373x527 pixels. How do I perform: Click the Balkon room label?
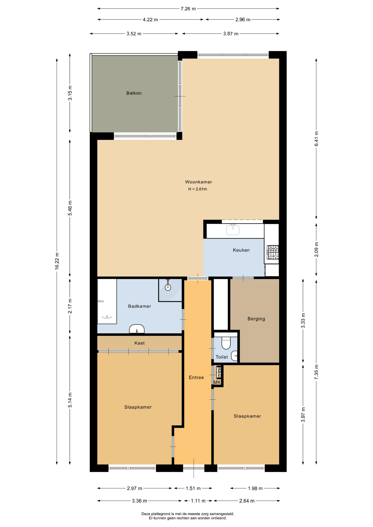pos(134,93)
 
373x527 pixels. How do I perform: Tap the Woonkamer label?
pos(199,182)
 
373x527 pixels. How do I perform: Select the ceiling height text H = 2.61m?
pos(198,189)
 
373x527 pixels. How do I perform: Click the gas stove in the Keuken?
pos(273,252)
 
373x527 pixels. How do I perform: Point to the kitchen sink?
pos(233,230)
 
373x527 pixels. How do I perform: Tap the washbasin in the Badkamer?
pos(137,329)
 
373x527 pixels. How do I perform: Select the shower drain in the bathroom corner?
pos(168,287)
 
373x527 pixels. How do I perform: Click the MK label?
pos(217,382)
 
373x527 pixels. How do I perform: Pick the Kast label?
pos(140,343)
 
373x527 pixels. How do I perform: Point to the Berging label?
pos(256,319)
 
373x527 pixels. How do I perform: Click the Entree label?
pos(196,377)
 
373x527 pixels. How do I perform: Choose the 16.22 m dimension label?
pos(57,261)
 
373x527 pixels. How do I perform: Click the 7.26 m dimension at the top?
pos(188,9)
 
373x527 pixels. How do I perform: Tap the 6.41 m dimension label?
pos(316,139)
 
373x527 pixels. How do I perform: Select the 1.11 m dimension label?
pos(198,501)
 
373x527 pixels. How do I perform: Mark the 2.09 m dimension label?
pos(316,250)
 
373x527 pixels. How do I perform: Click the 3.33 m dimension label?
pos(303,321)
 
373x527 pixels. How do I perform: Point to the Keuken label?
pos(241,250)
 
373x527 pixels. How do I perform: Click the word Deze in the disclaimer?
pos(146,514)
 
